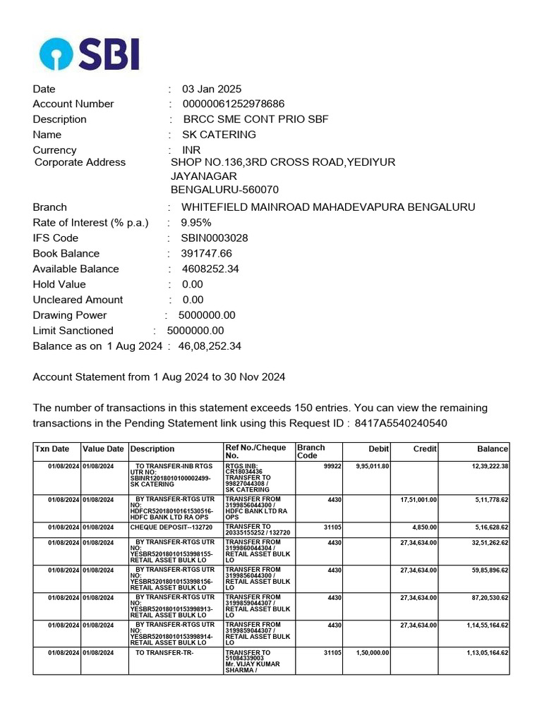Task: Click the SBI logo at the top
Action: (89, 54)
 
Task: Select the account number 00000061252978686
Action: (233, 104)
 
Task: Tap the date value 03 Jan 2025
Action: (212, 89)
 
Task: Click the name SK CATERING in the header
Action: (219, 135)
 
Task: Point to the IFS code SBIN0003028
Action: (215, 238)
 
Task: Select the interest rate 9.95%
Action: (196, 223)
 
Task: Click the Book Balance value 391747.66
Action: (206, 254)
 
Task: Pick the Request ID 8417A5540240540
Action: (400, 423)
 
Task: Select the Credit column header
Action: (425, 449)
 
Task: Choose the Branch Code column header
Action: (311, 452)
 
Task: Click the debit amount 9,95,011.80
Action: (373, 467)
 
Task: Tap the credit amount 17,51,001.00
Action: (418, 500)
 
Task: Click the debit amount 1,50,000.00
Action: (373, 653)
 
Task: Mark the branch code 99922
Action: (332, 467)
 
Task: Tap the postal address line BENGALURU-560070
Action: (224, 190)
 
